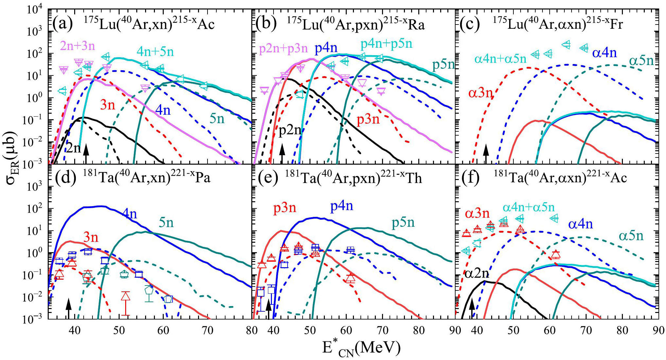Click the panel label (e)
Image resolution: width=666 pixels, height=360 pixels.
tap(268, 178)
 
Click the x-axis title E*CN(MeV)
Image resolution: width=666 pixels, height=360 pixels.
tap(361, 348)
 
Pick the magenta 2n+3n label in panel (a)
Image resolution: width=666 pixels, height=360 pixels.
tap(77, 46)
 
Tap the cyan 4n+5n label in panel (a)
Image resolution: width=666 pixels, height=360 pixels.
tap(155, 52)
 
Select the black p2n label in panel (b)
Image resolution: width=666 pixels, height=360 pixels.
tap(290, 130)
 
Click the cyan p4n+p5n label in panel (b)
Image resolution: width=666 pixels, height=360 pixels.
tap(386, 44)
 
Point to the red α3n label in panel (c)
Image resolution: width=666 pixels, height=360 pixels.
tap(480, 93)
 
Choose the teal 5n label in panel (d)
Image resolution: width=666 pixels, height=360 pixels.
tap(166, 223)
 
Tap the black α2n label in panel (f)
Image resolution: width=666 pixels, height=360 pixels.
tap(476, 273)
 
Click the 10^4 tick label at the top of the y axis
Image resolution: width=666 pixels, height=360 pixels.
tap(34, 10)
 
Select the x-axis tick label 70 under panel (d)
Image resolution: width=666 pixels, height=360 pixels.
tap(208, 330)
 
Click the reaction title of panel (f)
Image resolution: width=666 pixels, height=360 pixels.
tap(560, 178)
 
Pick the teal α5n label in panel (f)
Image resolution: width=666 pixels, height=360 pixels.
tap(631, 236)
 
